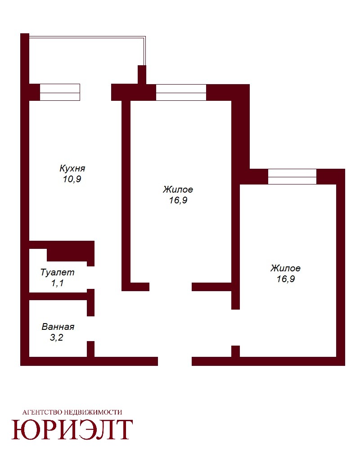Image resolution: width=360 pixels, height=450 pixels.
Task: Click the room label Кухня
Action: [x=72, y=168]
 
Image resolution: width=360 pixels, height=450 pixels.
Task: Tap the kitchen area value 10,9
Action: [x=72, y=179]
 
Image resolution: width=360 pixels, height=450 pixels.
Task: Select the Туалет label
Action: [x=58, y=272]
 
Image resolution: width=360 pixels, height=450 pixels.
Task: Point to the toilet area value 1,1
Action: [x=57, y=283]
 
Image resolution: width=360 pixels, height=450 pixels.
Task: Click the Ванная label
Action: [x=58, y=327]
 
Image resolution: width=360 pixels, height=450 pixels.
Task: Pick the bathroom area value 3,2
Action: [x=56, y=337]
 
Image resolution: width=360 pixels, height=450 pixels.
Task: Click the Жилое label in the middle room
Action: [x=178, y=189]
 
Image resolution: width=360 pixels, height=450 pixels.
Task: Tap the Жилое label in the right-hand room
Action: [x=285, y=268]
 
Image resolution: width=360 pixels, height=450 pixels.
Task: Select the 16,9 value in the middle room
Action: [x=178, y=200]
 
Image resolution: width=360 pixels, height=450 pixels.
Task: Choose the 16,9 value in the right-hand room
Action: [x=286, y=279]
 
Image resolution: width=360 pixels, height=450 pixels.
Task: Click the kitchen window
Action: [x=60, y=92]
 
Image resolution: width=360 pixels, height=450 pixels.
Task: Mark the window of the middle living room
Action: [x=181, y=92]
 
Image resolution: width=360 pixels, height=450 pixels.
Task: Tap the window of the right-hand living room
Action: [x=292, y=176]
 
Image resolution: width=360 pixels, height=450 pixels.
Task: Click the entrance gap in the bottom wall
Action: [x=175, y=361]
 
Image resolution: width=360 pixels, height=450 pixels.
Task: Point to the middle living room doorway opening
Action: [x=171, y=287]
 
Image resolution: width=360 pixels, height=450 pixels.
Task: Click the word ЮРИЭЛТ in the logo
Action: [x=72, y=429]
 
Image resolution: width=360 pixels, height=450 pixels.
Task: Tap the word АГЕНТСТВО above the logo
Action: [x=42, y=412]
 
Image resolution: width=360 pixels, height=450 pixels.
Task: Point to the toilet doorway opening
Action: [x=91, y=278]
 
